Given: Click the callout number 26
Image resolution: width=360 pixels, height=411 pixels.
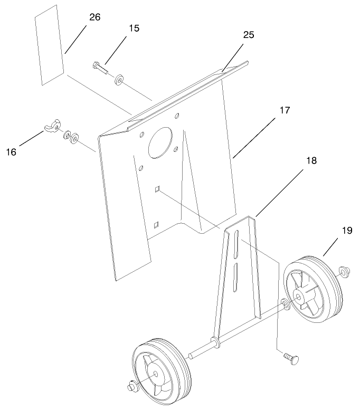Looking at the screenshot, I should pos(94,17).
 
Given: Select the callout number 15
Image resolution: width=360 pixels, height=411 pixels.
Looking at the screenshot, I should pos(134,28).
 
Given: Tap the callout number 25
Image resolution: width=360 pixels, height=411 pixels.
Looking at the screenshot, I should pos(249,35).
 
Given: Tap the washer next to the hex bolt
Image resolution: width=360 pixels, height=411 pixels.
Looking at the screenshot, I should pos(119,80).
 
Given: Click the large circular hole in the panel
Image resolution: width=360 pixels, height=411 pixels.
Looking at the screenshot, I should pos(163,143).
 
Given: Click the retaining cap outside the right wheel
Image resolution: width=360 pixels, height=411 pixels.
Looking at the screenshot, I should pos(344,272).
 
